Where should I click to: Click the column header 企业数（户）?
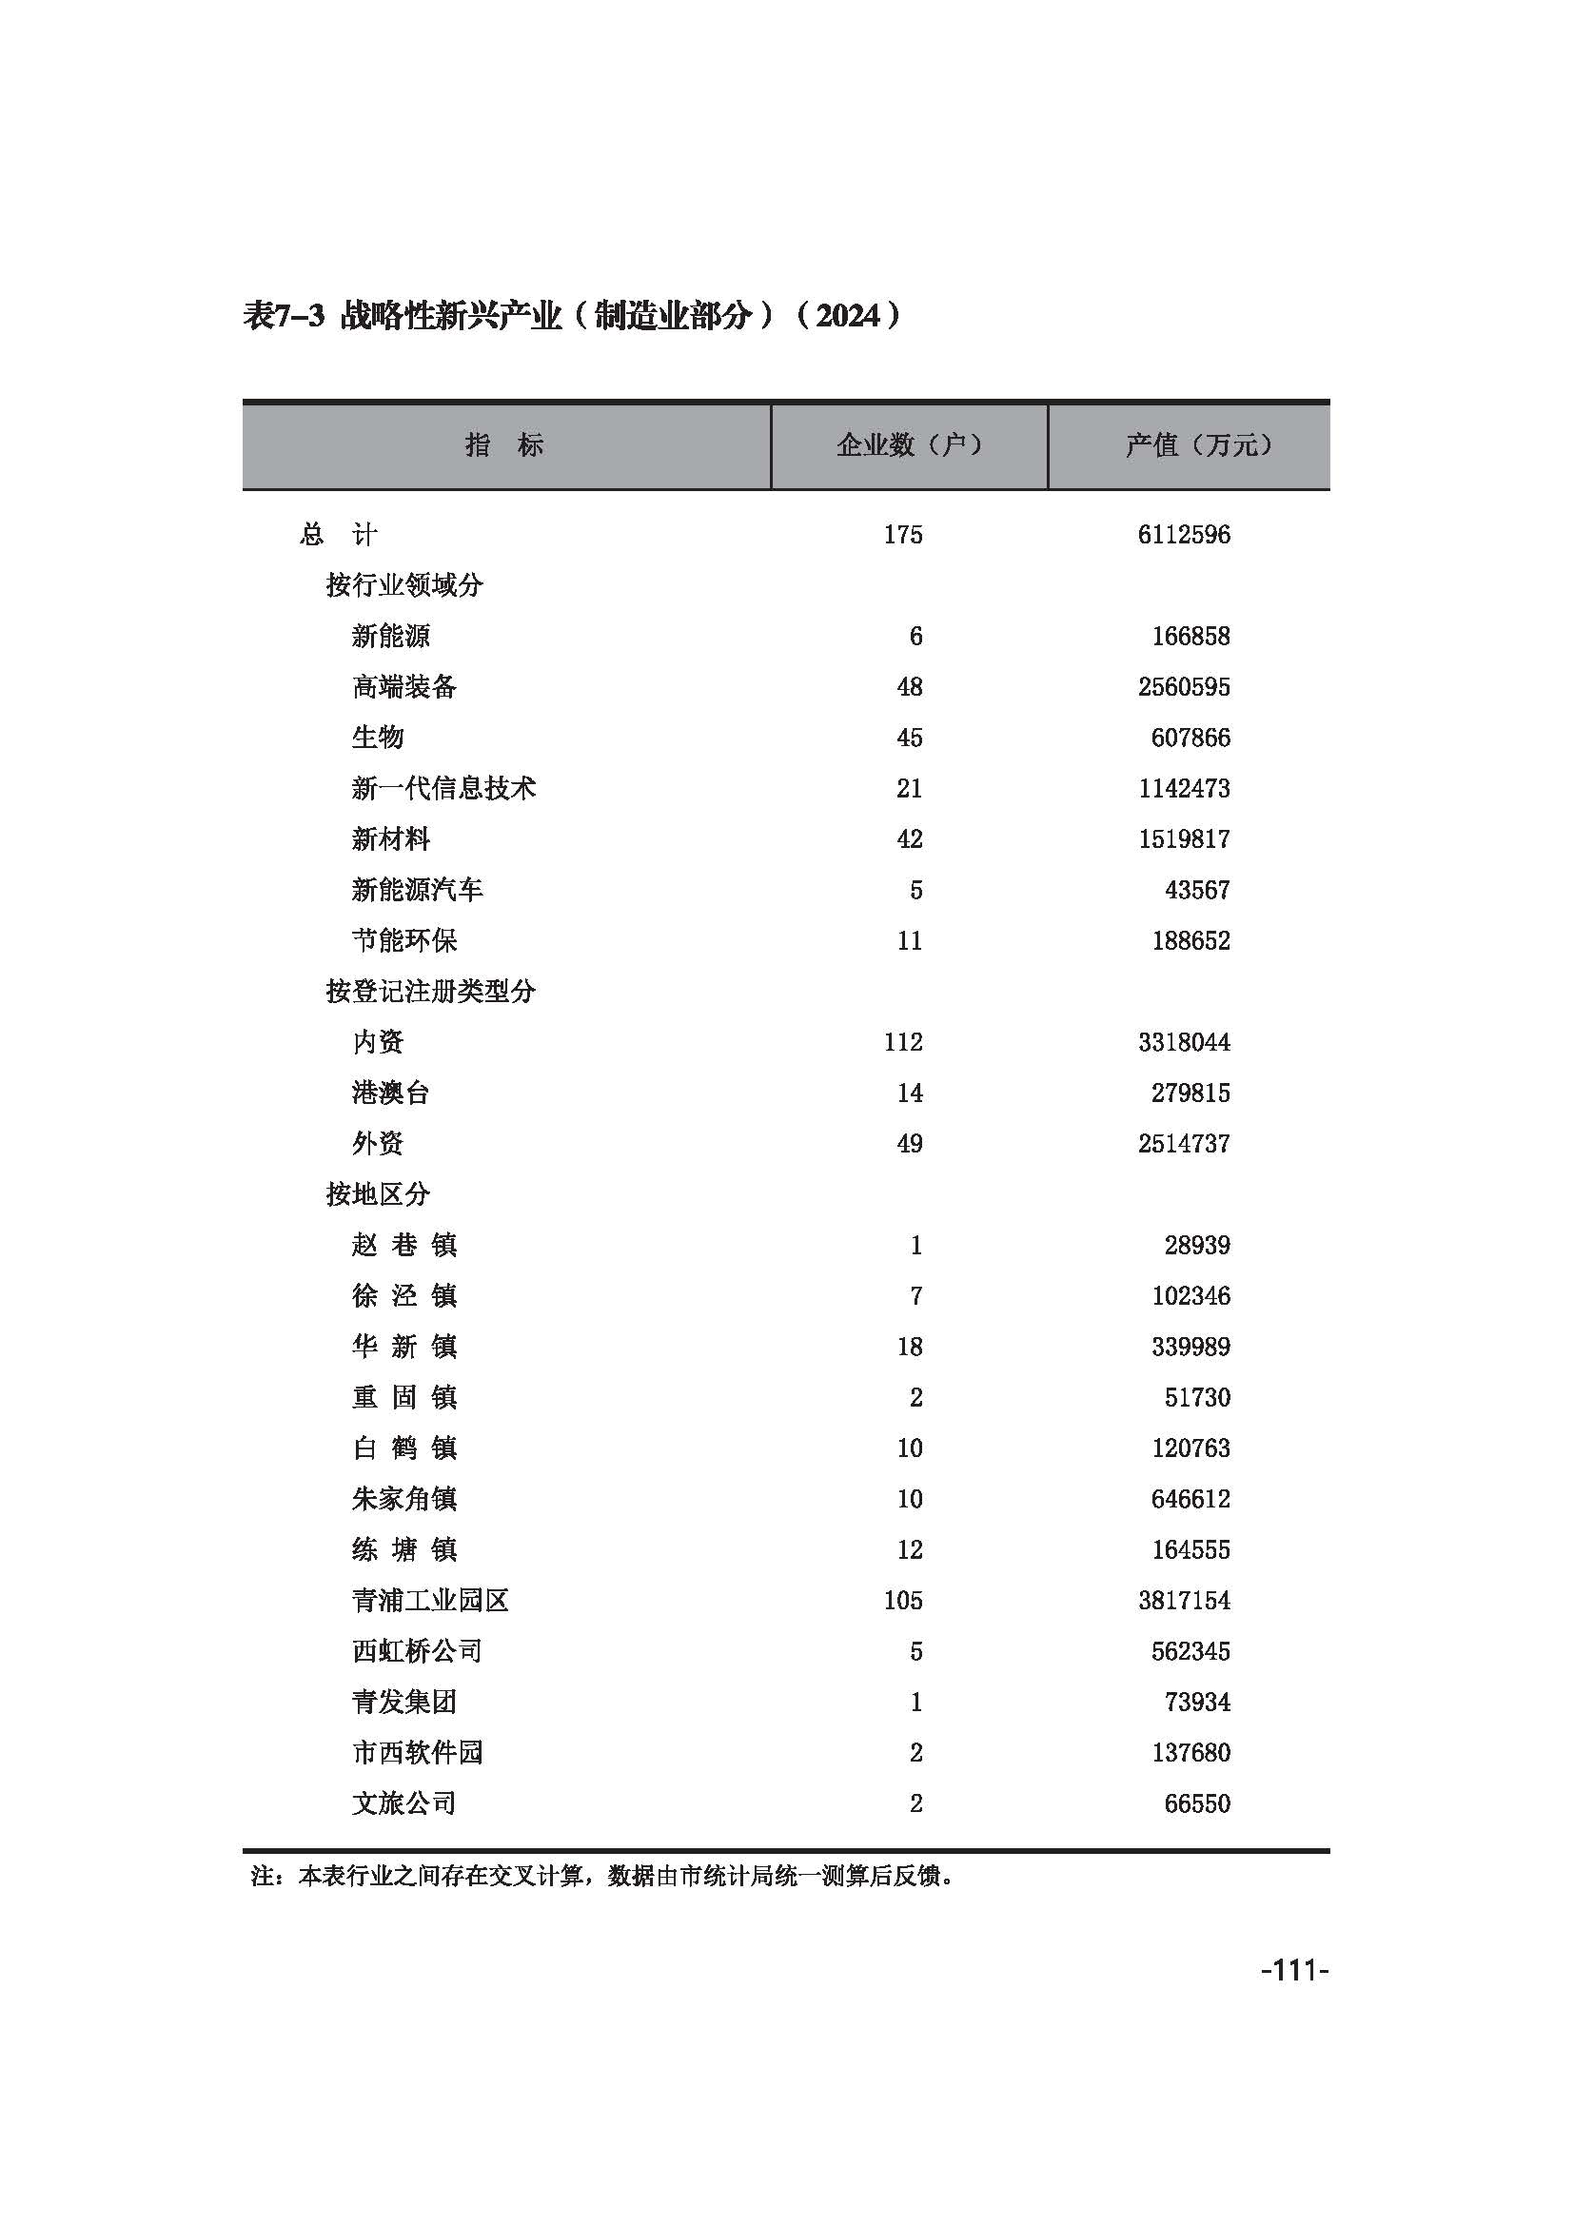[908, 445]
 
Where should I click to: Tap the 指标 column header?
[504, 445]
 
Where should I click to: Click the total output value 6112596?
[1184, 534]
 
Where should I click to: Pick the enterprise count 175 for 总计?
[902, 534]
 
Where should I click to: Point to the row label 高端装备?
[403, 686]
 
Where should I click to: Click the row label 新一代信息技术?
[443, 788]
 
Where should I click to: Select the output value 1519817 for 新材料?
[1184, 838]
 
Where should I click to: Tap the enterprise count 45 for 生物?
[909, 738]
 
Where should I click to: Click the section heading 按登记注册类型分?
[430, 991]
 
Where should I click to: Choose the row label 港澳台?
[389, 1093]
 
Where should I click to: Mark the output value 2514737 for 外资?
[1184, 1143]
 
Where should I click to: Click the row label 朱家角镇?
[403, 1499]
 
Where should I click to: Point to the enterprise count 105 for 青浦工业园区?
[902, 1601]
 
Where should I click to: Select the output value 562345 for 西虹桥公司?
[1190, 1651]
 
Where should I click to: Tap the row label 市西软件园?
[417, 1753]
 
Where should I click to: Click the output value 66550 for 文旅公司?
[1197, 1803]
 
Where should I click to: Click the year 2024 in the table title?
[847, 315]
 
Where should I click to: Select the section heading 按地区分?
[377, 1194]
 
